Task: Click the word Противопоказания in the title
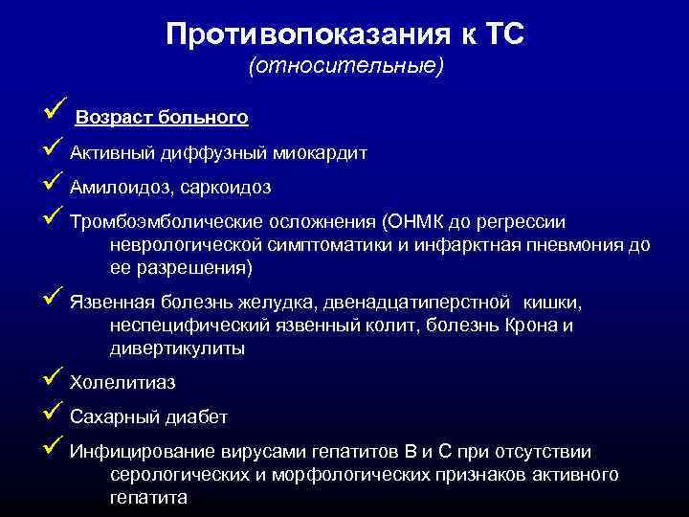(285, 34)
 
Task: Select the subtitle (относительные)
(345, 67)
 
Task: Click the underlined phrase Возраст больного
(162, 118)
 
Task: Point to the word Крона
(533, 326)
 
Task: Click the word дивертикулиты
(177, 348)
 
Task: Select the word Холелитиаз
(122, 383)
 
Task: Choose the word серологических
(177, 475)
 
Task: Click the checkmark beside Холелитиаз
(54, 380)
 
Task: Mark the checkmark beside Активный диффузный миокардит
(54, 150)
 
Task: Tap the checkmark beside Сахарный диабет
(54, 415)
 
